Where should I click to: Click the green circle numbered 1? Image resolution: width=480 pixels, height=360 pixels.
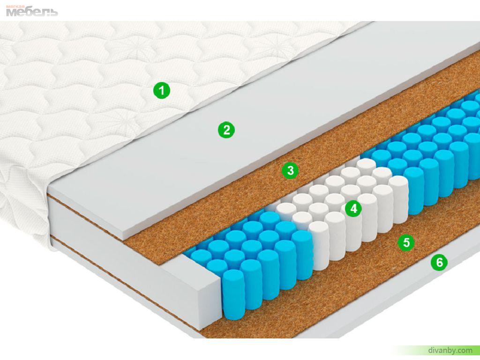[162, 90]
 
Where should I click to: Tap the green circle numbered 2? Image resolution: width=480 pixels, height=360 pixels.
[226, 130]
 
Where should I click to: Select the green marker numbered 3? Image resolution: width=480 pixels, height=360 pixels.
[290, 170]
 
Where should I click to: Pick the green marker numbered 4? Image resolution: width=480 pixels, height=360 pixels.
[353, 209]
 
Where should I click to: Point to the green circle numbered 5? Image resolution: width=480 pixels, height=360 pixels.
[406, 242]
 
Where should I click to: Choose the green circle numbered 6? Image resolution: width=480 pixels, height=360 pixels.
[439, 262]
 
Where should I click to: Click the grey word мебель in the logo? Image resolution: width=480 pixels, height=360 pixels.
[32, 12]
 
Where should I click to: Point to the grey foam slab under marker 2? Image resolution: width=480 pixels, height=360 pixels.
[245, 138]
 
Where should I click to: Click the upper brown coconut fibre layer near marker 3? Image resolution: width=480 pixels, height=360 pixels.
[306, 153]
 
